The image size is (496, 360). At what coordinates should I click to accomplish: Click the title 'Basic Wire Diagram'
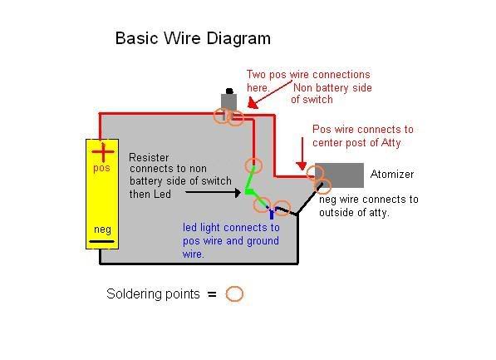193,38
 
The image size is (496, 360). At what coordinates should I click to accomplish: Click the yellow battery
102,194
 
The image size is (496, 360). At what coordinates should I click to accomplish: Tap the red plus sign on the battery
103,152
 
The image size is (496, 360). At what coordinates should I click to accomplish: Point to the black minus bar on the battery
102,242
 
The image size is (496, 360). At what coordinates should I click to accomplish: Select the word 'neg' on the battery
102,229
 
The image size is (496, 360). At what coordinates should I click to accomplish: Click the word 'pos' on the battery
101,168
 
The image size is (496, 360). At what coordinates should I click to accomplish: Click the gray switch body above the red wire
228,102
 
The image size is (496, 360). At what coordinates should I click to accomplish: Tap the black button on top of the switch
229,91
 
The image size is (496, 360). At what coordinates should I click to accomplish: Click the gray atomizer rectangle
340,175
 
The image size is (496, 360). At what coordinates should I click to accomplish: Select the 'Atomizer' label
392,174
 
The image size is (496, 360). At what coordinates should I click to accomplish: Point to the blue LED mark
272,213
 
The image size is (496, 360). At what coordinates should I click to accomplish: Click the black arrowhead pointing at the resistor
238,192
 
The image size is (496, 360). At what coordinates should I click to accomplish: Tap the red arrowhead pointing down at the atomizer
302,165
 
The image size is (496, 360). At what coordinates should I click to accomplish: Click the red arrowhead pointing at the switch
252,103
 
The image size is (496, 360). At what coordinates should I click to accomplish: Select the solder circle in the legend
234,293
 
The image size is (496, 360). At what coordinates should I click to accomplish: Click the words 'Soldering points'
153,294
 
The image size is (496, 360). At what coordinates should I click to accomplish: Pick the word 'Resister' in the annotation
149,157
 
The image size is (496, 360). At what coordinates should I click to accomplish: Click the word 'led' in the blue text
190,227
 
